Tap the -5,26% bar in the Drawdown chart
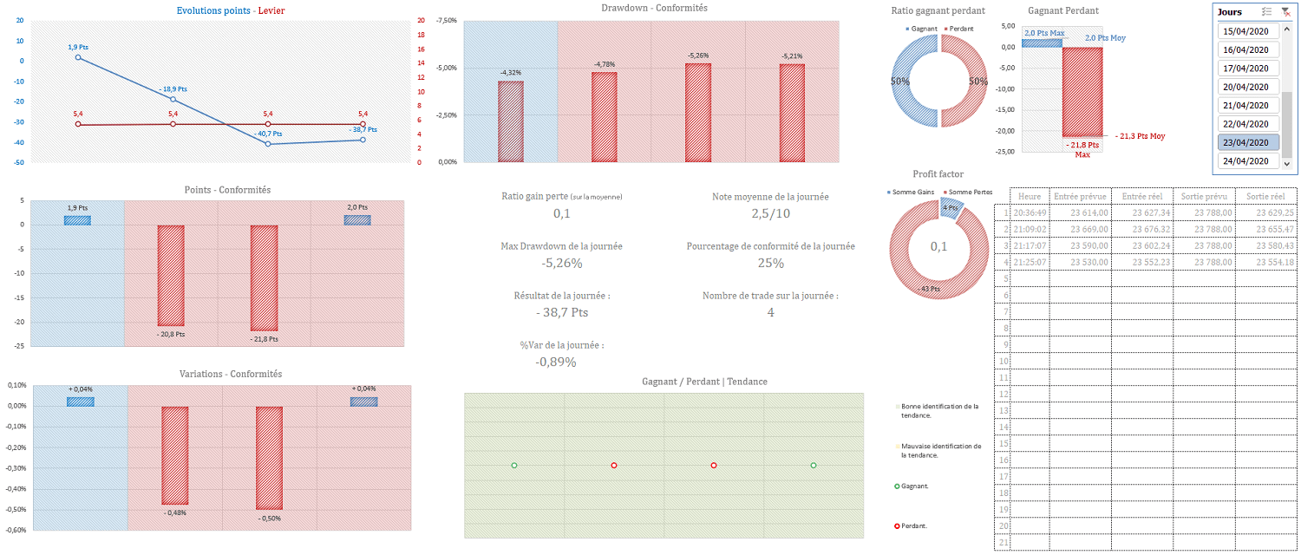coord(698,113)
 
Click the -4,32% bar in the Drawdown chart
coord(511,121)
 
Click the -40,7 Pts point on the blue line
coord(268,143)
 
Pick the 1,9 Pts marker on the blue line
coord(79,57)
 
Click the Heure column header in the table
coord(1030,196)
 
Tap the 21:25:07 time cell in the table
coord(1030,262)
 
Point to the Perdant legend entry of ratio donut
coord(960,29)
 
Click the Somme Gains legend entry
coord(912,191)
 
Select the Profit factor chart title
coord(938,174)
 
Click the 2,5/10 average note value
coord(770,213)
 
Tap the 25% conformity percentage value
coord(770,263)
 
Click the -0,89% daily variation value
coord(556,362)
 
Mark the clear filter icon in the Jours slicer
coord(1285,11)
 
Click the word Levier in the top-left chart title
coord(271,10)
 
